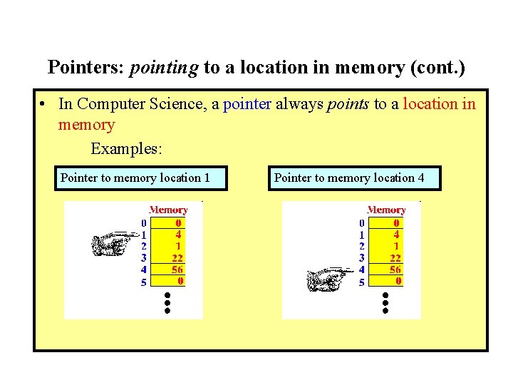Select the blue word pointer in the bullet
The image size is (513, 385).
click(247, 104)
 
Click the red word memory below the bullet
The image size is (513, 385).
click(86, 125)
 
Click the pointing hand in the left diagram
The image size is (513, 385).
click(114, 242)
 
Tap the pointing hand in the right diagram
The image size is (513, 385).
click(329, 278)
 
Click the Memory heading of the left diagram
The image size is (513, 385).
click(168, 210)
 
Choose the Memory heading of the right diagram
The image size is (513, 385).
click(386, 210)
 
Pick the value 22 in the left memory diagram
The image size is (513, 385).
click(178, 257)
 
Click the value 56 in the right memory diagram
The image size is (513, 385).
click(395, 269)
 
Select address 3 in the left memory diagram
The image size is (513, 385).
click(144, 257)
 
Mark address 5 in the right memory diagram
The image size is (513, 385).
click(362, 282)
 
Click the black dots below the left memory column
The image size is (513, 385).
click(167, 303)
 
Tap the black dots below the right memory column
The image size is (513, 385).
click(385, 303)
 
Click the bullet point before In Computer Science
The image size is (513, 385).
click(44, 105)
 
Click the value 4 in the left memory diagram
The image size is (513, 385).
click(178, 233)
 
